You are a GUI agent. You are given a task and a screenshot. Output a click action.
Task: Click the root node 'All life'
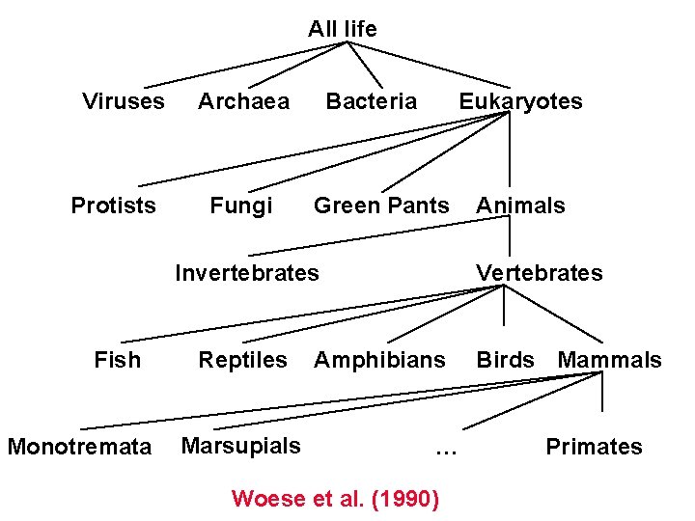pos(343,30)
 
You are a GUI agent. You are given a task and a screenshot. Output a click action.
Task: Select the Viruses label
pos(124,101)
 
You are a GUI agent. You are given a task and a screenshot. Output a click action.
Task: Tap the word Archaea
pos(243,101)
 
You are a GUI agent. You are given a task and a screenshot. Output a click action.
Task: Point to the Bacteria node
pos(372,101)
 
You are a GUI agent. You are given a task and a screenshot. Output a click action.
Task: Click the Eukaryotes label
pos(520,101)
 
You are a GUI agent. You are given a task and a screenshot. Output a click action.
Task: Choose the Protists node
pos(113,206)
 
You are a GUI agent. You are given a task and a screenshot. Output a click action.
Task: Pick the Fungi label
pos(241,206)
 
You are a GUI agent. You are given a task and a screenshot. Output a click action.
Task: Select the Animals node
pos(520,206)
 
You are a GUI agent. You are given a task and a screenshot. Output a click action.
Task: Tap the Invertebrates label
pos(246,273)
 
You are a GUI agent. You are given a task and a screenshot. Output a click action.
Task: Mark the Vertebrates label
pos(539,273)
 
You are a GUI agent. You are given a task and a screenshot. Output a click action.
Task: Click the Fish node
pos(117,361)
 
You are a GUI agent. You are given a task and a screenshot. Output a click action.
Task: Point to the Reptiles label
pos(242,361)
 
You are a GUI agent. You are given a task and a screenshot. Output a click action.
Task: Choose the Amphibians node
pos(379,361)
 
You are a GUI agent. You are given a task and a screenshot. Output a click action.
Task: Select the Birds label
pos(505,361)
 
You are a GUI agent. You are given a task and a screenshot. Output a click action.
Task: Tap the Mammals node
pos(609,361)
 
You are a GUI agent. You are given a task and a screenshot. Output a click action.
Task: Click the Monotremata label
pos(79,447)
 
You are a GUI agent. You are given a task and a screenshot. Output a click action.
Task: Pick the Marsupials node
pos(240,446)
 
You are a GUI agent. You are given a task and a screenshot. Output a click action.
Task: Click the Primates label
pos(594,447)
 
